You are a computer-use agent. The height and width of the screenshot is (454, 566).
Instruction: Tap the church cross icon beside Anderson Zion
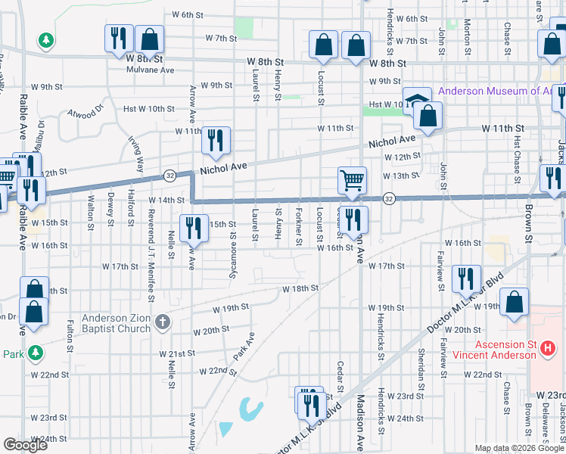click(x=161, y=324)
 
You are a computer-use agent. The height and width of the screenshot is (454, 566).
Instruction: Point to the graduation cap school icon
click(x=416, y=101)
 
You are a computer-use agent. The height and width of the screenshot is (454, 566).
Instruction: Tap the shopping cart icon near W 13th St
click(x=352, y=180)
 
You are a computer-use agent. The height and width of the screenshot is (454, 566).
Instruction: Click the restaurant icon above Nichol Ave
click(x=216, y=141)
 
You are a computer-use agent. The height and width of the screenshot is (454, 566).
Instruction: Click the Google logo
click(x=25, y=446)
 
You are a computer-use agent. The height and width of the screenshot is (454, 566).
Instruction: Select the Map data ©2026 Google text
click(x=520, y=448)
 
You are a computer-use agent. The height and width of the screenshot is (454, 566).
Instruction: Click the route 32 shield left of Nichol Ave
click(x=169, y=176)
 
